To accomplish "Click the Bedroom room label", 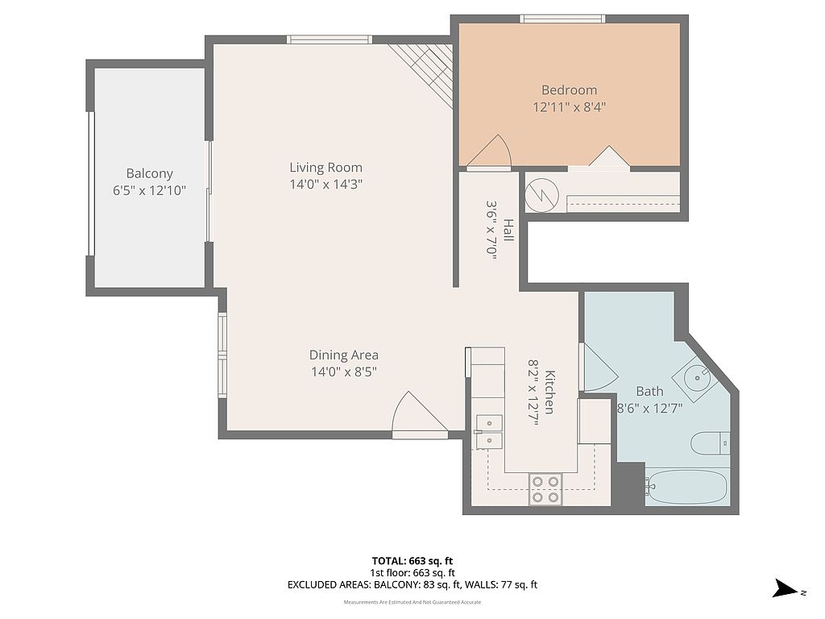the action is pyautogui.click(x=569, y=90).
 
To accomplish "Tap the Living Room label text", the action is pyautogui.click(x=325, y=168).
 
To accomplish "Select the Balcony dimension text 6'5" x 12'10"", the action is pyautogui.click(x=149, y=190).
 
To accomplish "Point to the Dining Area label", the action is pyautogui.click(x=343, y=355).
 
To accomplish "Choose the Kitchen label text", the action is pyautogui.click(x=549, y=393).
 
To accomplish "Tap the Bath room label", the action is pyautogui.click(x=650, y=392).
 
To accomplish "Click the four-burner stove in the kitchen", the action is pyautogui.click(x=545, y=489).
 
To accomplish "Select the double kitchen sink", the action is pyautogui.click(x=489, y=432).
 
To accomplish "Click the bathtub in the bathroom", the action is pyautogui.click(x=687, y=487).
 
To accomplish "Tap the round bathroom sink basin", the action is pyautogui.click(x=698, y=377).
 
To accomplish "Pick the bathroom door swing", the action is pyautogui.click(x=599, y=368).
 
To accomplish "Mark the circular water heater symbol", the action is pyautogui.click(x=542, y=195).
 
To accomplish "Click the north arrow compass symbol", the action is pyautogui.click(x=788, y=588).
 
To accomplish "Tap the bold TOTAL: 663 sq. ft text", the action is pyautogui.click(x=412, y=561).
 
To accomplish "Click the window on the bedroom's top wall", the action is pyautogui.click(x=562, y=19).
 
